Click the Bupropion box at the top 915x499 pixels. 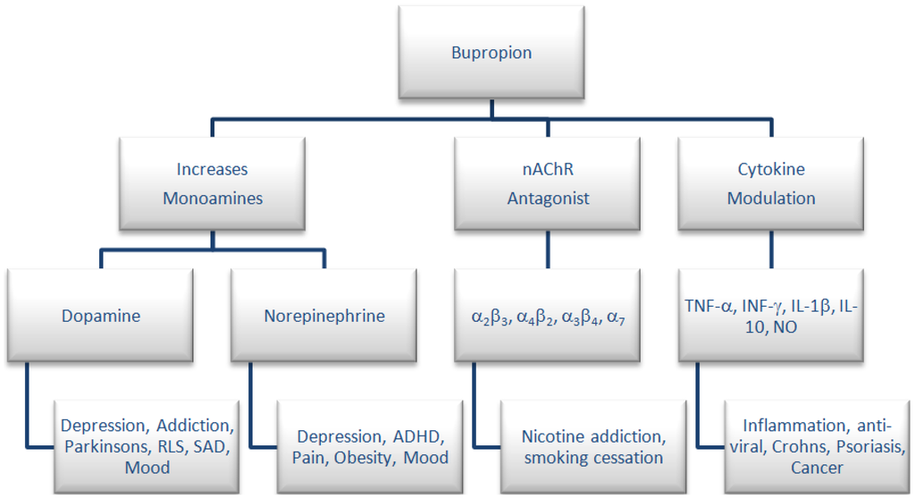pos(491,53)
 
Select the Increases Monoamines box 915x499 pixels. pos(212,183)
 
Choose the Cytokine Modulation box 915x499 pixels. pos(770,183)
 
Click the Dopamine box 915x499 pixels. pos(100,316)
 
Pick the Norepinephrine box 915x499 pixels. pos(324,316)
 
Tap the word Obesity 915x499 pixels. pos(362,458)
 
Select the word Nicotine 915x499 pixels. pos(554,436)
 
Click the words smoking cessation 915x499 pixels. pos(593,458)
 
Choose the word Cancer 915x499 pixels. pos(817,467)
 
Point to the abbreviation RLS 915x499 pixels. pos(169,446)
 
